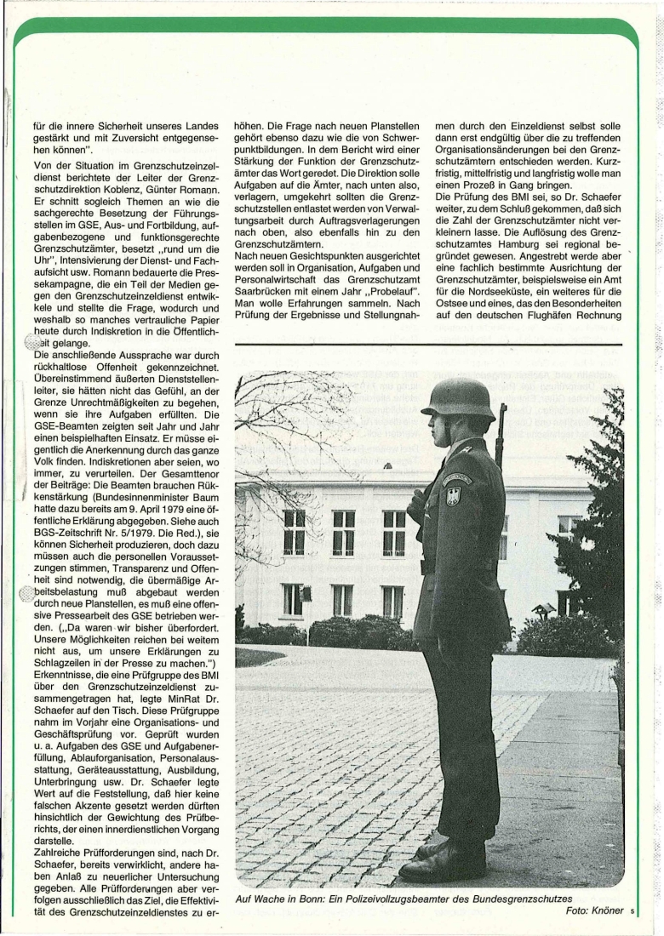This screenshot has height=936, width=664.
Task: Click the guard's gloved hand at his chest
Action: coord(416,505)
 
